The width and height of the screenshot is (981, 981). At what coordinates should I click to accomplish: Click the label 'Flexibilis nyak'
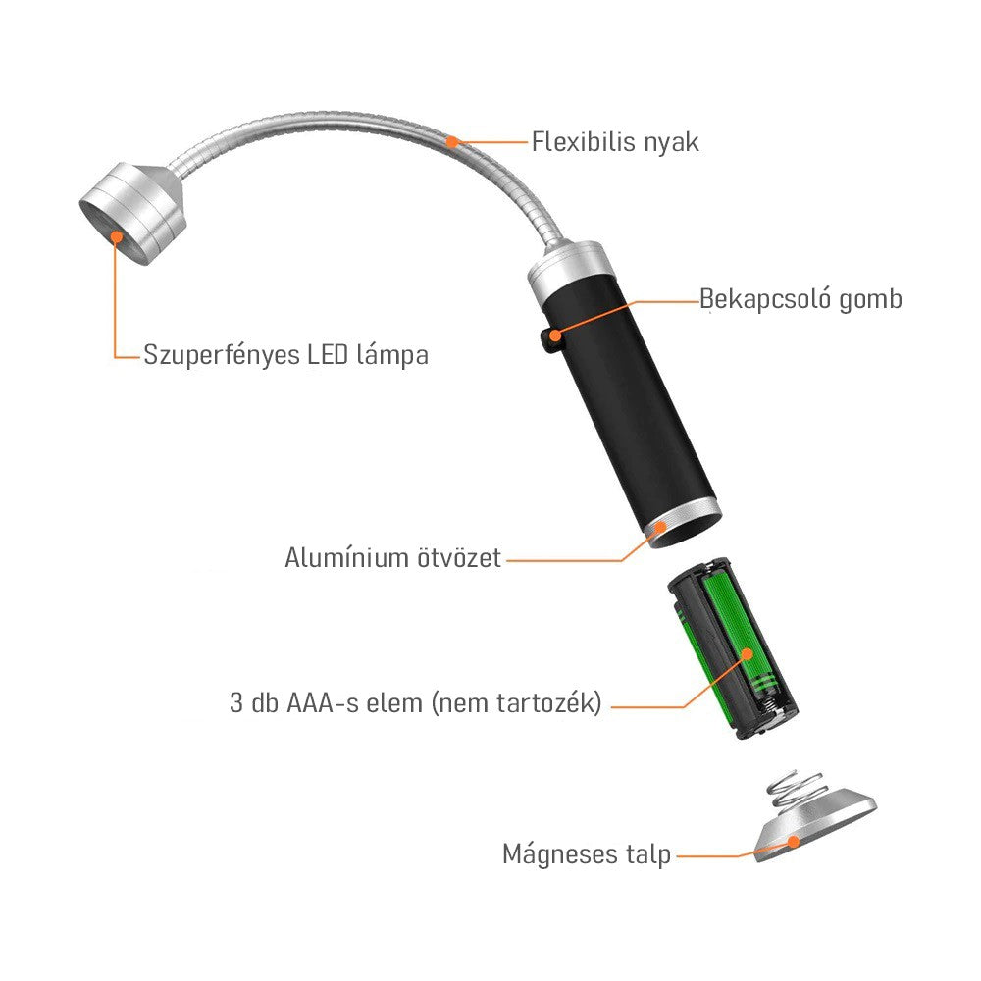point(615,142)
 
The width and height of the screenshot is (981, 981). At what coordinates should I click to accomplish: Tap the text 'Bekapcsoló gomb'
point(800,299)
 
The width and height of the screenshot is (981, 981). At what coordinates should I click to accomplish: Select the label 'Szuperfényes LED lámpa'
point(285,355)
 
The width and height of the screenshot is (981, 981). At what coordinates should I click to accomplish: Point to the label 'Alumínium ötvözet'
point(393,557)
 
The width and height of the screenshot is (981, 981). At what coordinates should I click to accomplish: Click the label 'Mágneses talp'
point(587,854)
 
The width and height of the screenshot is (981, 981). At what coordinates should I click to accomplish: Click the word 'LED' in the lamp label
point(328,355)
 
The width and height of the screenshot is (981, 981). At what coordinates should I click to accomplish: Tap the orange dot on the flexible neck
point(451,142)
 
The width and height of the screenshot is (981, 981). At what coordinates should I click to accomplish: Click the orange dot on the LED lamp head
point(117,236)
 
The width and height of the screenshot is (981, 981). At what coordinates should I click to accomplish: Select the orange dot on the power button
point(555,336)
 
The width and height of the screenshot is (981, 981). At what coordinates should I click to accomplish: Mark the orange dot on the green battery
point(747,654)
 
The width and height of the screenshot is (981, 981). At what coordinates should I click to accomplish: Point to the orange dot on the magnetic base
point(794,842)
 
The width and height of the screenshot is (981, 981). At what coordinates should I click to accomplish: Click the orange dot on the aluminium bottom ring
point(660,527)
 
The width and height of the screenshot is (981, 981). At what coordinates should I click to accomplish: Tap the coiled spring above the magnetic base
point(796,789)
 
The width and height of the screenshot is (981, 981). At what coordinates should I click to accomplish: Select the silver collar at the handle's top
point(567,268)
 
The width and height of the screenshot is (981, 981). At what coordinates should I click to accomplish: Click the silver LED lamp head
point(133,213)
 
